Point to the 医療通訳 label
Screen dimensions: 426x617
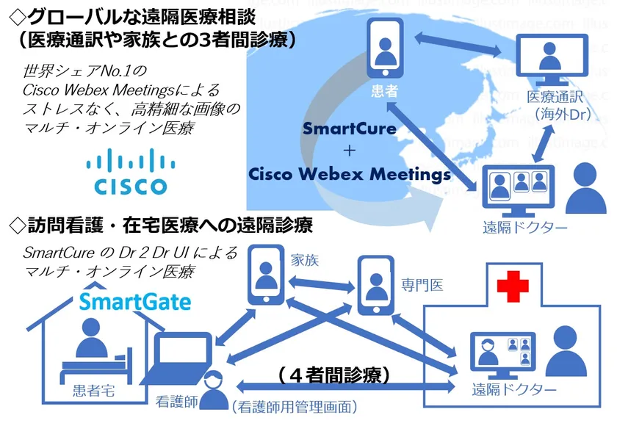pyautogui.click(x=558, y=97)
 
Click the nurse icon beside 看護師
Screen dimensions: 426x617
pyautogui.click(x=213, y=391)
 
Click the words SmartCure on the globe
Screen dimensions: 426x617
pyautogui.click(x=350, y=129)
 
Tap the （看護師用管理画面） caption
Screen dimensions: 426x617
pyautogui.click(x=294, y=405)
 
